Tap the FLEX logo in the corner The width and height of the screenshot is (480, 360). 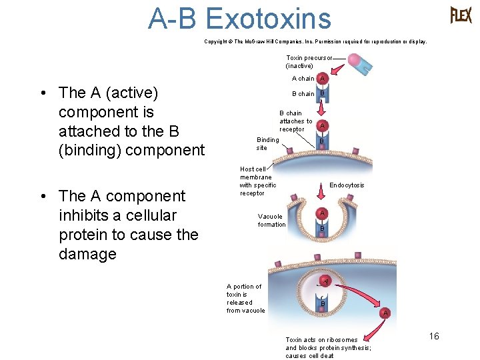pos(461,15)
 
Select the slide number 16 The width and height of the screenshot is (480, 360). pos(434,336)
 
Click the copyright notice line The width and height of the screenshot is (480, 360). pos(315,41)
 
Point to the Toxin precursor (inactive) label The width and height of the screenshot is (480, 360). pos(308,61)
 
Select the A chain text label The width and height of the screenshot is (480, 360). pos(302,79)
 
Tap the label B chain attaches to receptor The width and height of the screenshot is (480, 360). pos(295,121)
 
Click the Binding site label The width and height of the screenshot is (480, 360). pos(267,143)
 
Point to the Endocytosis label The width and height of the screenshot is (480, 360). pos(347,185)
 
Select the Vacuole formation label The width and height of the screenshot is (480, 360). pos(271,220)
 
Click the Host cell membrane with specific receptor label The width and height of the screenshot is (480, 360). pos(257,181)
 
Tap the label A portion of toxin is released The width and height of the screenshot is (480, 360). pos(245,298)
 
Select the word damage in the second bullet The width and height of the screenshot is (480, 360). pos(87,254)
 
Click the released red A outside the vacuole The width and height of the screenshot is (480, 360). pos(385,313)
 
